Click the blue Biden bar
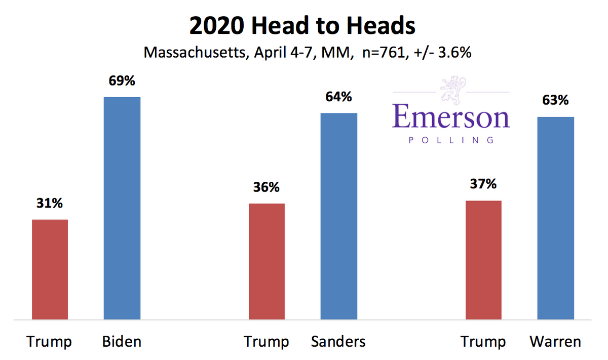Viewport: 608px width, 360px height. tap(122, 208)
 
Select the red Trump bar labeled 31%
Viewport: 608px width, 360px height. tap(50, 269)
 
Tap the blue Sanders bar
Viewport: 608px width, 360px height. tap(339, 216)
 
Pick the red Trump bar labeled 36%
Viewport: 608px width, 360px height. tap(267, 261)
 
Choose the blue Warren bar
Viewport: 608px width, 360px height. tap(556, 218)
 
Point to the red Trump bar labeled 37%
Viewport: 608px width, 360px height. tap(483, 260)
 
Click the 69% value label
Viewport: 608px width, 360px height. tap(122, 81)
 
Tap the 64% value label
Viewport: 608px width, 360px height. tap(339, 96)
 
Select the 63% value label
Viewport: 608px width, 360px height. tap(556, 100)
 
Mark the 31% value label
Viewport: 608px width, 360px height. tap(50, 204)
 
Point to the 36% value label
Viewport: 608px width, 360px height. tap(267, 187)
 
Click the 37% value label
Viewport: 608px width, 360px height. tap(483, 184)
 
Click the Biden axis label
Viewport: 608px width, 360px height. tap(122, 342)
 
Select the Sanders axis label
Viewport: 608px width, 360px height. tap(338, 342)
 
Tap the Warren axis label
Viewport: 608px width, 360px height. tap(555, 342)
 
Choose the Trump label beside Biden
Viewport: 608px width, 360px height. tap(49, 342)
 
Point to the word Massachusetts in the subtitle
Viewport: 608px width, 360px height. tap(194, 52)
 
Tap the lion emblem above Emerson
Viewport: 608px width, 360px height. tap(451, 90)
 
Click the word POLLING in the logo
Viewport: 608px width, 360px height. tap(450, 139)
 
